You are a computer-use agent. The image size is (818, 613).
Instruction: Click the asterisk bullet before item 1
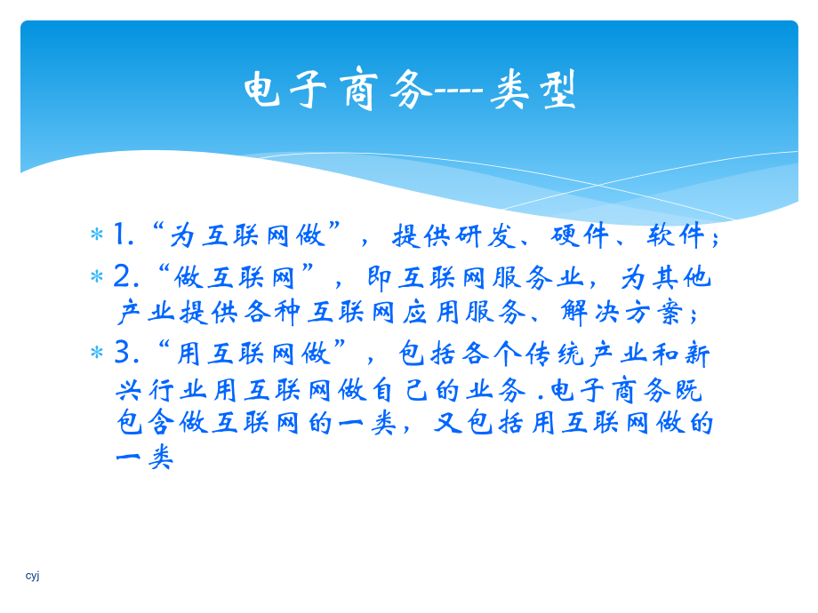(x=96, y=236)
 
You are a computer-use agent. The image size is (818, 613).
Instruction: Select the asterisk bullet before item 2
(x=96, y=277)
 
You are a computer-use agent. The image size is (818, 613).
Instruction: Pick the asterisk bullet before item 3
(x=96, y=354)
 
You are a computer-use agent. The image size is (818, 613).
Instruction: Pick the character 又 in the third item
(x=448, y=424)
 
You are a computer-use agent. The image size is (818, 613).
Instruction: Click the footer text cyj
(x=33, y=576)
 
